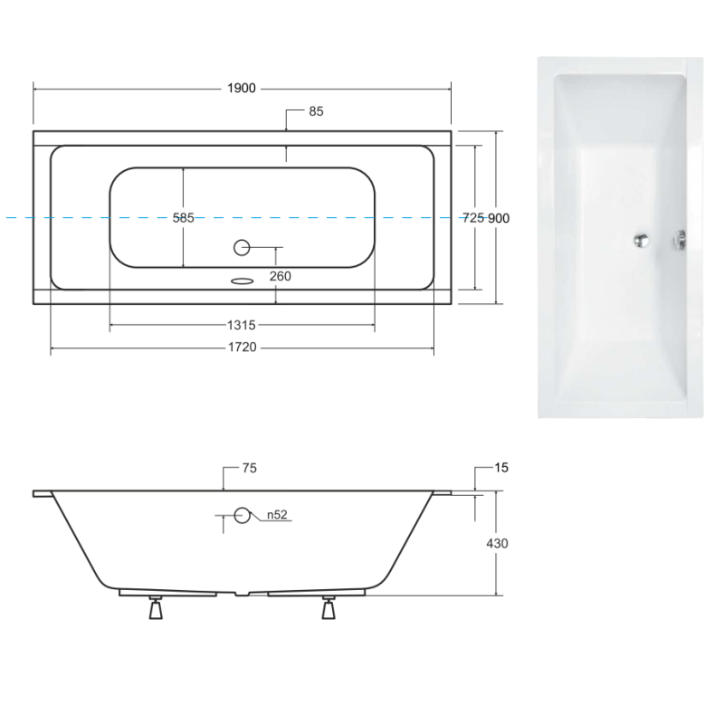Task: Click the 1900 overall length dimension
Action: [242, 88]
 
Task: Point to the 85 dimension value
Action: [316, 111]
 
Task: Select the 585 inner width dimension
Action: [183, 218]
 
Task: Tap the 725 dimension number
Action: [473, 218]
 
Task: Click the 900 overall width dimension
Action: [500, 218]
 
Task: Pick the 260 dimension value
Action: [280, 275]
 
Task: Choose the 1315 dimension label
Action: [242, 324]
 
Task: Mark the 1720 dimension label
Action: [242, 348]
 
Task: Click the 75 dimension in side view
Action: [251, 468]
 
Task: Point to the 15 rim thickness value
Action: [503, 468]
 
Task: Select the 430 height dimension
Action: [498, 544]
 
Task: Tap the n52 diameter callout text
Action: [276, 516]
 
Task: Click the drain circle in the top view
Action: [242, 246]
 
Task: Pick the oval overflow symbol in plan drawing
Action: [242, 280]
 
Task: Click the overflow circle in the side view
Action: [242, 516]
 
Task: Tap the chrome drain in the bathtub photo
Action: [642, 240]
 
